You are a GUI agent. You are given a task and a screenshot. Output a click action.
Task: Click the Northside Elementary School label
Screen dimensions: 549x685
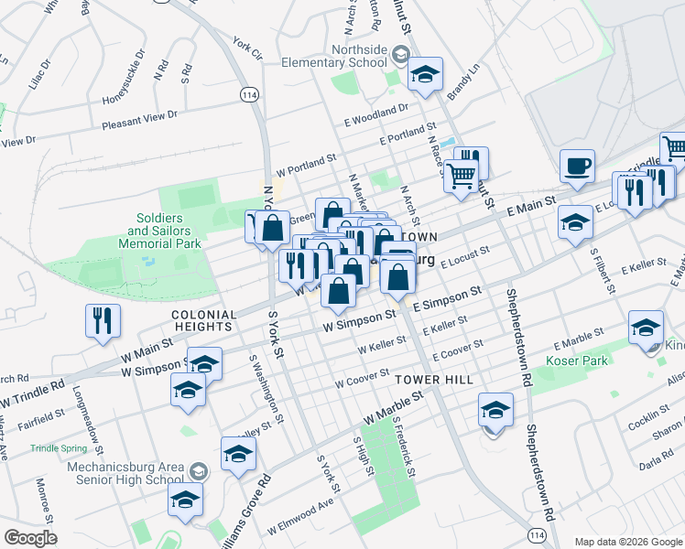pos(334,56)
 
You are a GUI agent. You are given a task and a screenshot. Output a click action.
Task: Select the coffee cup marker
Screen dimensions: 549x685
pos(577,167)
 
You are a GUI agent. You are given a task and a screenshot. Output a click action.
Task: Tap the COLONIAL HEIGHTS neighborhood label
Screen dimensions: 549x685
pos(202,320)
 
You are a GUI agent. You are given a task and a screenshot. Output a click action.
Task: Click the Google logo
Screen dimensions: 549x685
pos(30,538)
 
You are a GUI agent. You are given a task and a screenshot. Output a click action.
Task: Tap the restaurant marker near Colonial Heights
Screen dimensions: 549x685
pos(102,321)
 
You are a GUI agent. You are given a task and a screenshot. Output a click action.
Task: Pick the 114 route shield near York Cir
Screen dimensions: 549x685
pos(248,94)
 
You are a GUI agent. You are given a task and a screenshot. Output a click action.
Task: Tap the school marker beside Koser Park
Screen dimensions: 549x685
pos(645,328)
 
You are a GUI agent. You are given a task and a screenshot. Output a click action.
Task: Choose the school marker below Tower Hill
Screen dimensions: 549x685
pos(495,411)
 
